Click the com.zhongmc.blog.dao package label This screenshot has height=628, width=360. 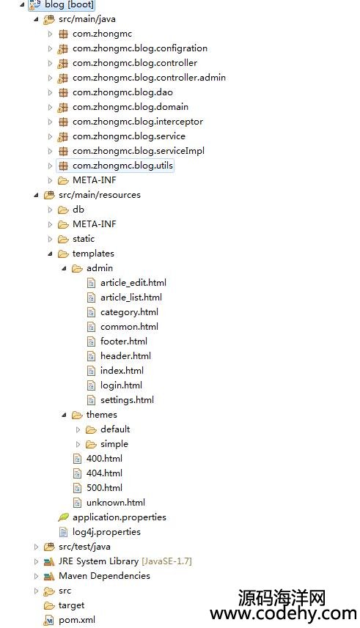(122, 92)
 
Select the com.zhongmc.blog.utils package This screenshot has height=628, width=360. (122, 166)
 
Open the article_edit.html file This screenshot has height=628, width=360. (133, 283)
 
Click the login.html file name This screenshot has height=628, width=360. (121, 385)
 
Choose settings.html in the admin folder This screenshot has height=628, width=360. (127, 399)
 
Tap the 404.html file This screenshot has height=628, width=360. (104, 473)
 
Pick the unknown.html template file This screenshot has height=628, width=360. (116, 502)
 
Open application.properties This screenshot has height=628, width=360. (120, 517)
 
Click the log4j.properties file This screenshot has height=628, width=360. (106, 532)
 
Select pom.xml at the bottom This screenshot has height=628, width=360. (77, 620)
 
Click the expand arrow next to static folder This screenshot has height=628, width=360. (50, 239)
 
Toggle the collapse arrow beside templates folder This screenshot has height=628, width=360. (50, 254)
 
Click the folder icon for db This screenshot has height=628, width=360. (63, 210)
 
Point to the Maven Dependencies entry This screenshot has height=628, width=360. (104, 576)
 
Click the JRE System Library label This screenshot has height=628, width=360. (99, 561)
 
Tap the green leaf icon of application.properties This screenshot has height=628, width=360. (63, 517)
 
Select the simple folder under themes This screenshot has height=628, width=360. (114, 444)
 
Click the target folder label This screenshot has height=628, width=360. (71, 605)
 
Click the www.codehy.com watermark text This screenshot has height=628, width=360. (283, 613)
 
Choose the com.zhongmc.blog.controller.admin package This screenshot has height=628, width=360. (149, 78)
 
